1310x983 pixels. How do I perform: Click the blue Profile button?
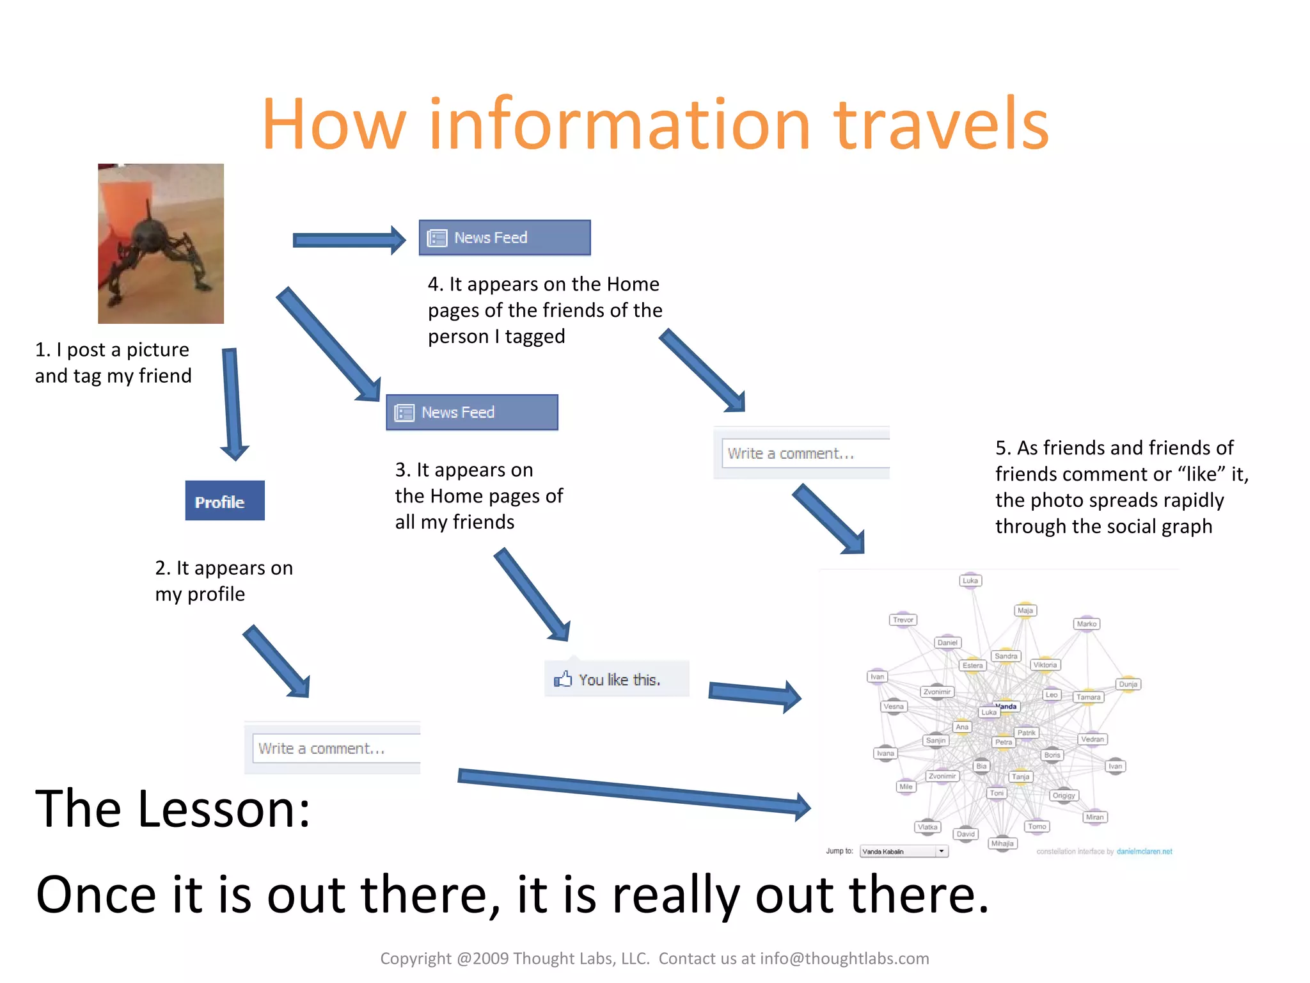pyautogui.click(x=225, y=500)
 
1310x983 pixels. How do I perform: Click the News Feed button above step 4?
pyautogui.click(x=504, y=237)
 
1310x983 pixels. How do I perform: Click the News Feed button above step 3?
pyautogui.click(x=471, y=412)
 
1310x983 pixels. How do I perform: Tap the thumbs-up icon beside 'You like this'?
pyautogui.click(x=563, y=679)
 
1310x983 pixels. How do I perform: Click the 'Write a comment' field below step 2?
pyautogui.click(x=335, y=748)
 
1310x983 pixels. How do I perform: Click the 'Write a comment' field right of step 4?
pyautogui.click(x=805, y=453)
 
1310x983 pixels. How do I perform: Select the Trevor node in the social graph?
pyautogui.click(x=903, y=619)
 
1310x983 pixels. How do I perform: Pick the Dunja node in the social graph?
pyautogui.click(x=1128, y=684)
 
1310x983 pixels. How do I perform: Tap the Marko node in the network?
pyautogui.click(x=1086, y=623)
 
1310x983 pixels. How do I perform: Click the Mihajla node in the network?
pyautogui.click(x=1002, y=843)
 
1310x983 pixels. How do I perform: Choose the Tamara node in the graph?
pyautogui.click(x=1088, y=697)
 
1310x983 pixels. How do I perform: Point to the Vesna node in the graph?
pyautogui.click(x=894, y=707)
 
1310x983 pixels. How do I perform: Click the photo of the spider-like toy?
pyautogui.click(x=161, y=243)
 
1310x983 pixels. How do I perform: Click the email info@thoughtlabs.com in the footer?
pyautogui.click(x=844, y=958)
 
